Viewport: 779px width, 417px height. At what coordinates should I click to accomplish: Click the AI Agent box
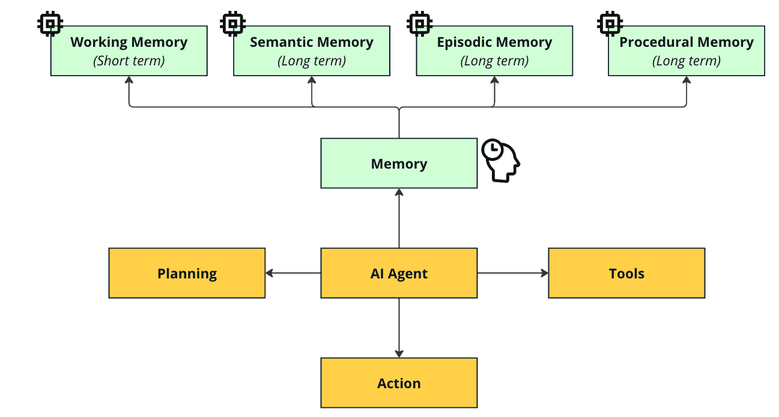(399, 273)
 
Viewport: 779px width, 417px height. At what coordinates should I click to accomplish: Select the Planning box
(187, 273)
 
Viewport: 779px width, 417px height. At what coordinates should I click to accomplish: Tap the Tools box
(626, 273)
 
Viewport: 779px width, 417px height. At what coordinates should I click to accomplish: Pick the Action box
(399, 383)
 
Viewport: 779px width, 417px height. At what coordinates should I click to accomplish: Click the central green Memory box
(399, 164)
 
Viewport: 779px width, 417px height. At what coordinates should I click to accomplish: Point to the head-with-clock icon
(502, 160)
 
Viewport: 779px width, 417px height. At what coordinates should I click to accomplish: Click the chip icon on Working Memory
(50, 24)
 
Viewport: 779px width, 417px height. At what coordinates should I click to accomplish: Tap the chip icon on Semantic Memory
(233, 24)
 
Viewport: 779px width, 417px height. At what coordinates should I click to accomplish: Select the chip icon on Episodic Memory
(419, 24)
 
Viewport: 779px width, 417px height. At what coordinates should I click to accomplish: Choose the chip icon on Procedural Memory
(610, 24)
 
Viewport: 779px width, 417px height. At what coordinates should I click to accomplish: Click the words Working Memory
(129, 42)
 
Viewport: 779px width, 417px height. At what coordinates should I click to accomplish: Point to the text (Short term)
(129, 61)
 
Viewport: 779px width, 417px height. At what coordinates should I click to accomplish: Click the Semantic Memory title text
(312, 42)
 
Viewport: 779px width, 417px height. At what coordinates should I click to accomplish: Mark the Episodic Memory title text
(494, 42)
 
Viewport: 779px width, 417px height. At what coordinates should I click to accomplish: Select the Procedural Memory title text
(687, 42)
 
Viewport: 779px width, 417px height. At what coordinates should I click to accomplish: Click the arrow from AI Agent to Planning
(293, 273)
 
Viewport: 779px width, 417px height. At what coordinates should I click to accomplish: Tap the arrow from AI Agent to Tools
(513, 273)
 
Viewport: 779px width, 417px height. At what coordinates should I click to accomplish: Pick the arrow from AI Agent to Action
(399, 328)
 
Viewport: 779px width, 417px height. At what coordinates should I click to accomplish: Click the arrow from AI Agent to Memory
(399, 218)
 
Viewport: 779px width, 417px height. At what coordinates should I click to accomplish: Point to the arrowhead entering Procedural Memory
(687, 80)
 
